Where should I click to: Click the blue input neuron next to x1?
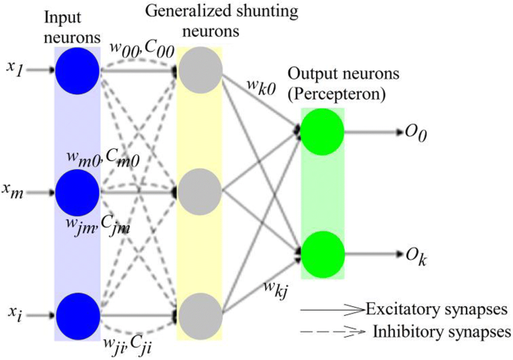pyautogui.click(x=77, y=70)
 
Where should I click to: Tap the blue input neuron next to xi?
pyautogui.click(x=77, y=314)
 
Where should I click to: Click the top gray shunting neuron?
pyautogui.click(x=200, y=70)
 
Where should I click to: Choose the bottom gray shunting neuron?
pyautogui.click(x=200, y=314)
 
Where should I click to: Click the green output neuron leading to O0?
pyautogui.click(x=322, y=132)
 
